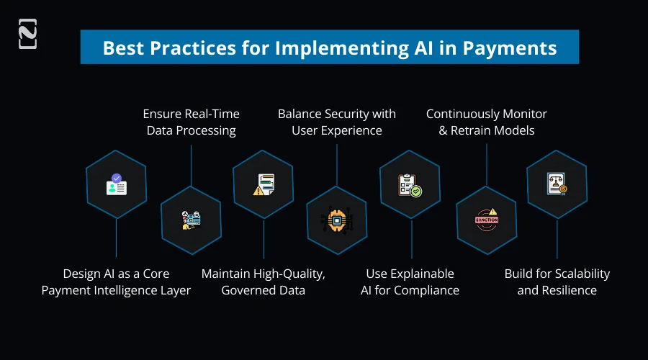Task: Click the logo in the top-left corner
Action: (x=27, y=35)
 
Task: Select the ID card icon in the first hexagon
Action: (x=116, y=184)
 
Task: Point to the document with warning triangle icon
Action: (x=263, y=185)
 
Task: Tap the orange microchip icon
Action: (x=336, y=220)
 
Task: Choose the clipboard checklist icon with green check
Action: (x=410, y=185)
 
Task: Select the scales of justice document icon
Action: (x=557, y=184)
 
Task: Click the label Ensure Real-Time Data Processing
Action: (x=191, y=122)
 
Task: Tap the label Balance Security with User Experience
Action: (x=336, y=122)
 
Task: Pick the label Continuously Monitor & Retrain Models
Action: (x=486, y=122)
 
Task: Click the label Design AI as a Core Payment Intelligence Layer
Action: (x=116, y=282)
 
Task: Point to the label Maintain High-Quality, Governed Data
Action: (x=263, y=282)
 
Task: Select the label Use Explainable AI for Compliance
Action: (x=410, y=282)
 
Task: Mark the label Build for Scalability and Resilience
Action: (x=557, y=282)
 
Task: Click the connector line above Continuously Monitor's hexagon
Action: (x=487, y=164)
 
